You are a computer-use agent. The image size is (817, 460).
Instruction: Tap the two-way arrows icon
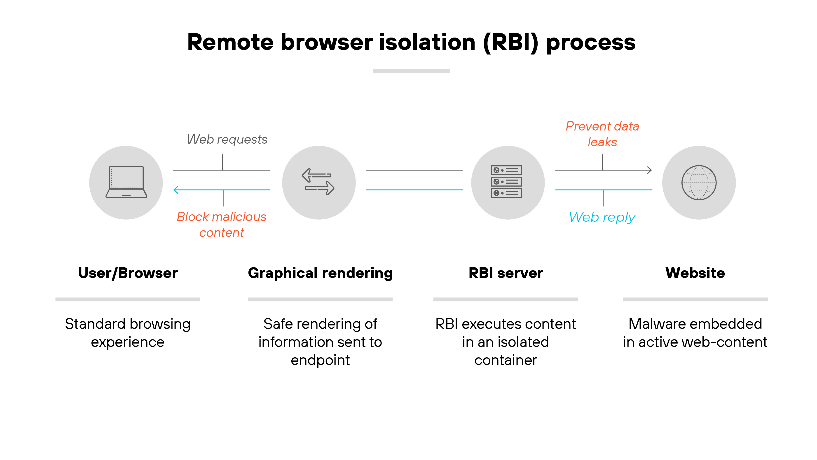(318, 182)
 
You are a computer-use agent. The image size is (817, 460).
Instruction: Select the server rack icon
(506, 182)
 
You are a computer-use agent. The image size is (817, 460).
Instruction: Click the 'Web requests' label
(227, 139)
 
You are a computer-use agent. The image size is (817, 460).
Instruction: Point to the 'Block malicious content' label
(221, 224)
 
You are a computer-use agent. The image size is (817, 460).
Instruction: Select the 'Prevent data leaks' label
(602, 134)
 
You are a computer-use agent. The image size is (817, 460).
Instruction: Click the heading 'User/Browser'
(128, 273)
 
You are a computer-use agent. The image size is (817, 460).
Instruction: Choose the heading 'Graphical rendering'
(320, 273)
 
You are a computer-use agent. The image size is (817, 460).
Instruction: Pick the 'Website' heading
(695, 273)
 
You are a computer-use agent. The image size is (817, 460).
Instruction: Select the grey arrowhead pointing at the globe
(650, 170)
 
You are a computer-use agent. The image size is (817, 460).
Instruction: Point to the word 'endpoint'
(320, 360)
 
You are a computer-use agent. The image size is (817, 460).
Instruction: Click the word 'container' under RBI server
(506, 360)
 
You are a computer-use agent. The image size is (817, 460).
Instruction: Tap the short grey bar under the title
(411, 71)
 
